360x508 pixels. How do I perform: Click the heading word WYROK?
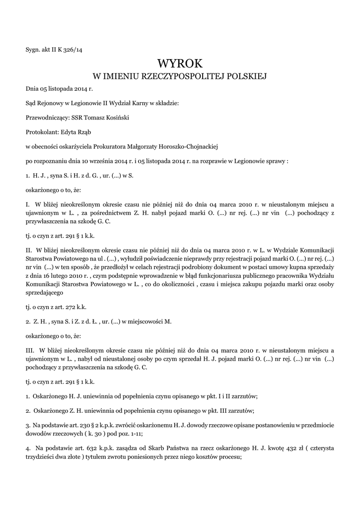180,63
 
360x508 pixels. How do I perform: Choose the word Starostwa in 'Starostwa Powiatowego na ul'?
39,258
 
